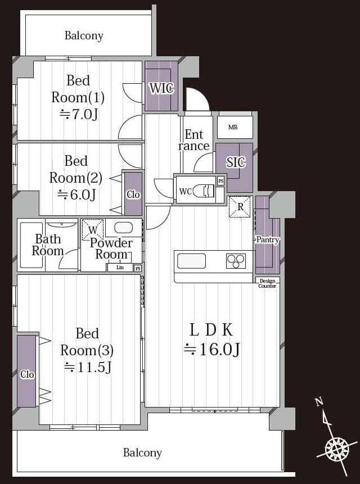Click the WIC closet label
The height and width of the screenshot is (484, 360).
click(162, 88)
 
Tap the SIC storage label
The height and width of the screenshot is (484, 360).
click(236, 162)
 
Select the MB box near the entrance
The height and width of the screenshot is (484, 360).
click(235, 127)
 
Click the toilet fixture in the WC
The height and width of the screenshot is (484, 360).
click(204, 191)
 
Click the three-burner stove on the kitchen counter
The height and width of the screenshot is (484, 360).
click(236, 261)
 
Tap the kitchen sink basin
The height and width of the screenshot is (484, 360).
click(191, 261)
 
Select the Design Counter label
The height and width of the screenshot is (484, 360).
click(267, 283)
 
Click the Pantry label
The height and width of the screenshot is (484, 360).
click(268, 239)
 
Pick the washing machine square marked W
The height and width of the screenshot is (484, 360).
click(93, 230)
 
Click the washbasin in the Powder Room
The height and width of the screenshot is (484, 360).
click(124, 228)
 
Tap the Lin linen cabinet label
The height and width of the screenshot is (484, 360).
click(120, 268)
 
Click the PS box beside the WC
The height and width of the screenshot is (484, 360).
click(220, 181)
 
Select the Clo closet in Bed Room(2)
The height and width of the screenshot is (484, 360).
click(133, 194)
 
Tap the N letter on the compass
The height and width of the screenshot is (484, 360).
click(319, 401)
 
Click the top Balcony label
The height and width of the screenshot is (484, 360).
click(84, 35)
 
